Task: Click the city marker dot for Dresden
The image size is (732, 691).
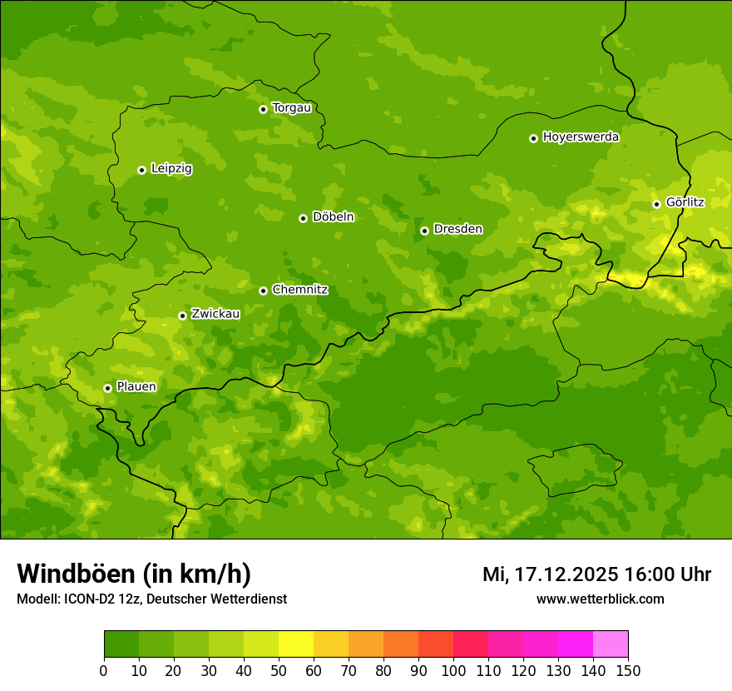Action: [x=424, y=231]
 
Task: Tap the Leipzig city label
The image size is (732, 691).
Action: [x=171, y=168]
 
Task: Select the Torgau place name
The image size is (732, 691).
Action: [x=292, y=107]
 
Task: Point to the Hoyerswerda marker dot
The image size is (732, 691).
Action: [x=533, y=138]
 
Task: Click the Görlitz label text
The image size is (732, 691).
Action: [x=685, y=202]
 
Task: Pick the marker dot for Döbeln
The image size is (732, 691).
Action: [x=303, y=218]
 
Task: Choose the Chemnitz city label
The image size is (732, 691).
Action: [x=300, y=290]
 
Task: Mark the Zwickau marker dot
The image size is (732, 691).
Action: [x=182, y=316]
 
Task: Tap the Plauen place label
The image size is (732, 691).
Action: [x=136, y=386]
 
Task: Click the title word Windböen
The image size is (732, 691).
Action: [x=76, y=574]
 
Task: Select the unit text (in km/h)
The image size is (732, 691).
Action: [x=197, y=574]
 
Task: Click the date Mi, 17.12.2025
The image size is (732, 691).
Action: [x=551, y=574]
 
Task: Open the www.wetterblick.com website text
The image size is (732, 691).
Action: [x=600, y=599]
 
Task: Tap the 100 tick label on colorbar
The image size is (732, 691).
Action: [x=453, y=670]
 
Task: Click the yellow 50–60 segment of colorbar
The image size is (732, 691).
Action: [x=296, y=644]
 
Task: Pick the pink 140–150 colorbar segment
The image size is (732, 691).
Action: [x=611, y=644]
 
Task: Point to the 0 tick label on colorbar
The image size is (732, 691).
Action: [x=104, y=670]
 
